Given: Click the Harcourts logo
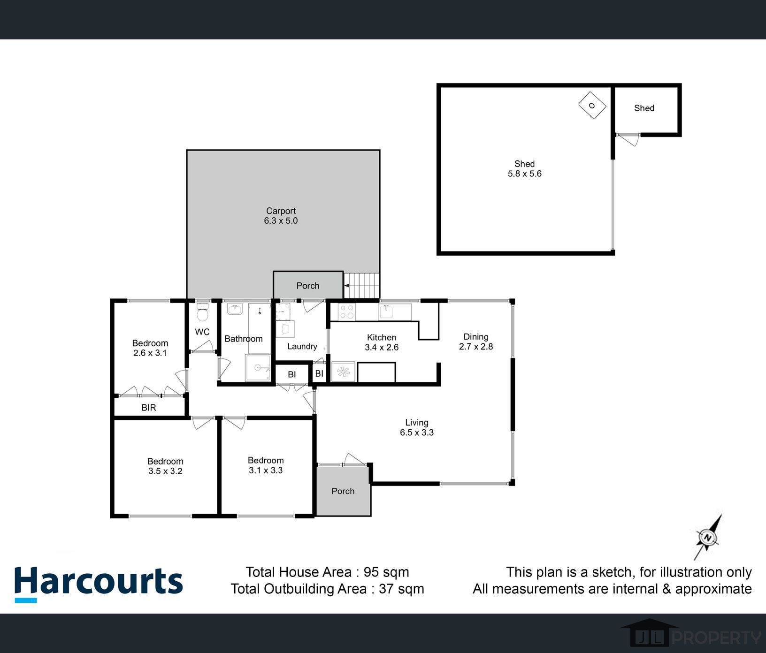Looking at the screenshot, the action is pos(99,584).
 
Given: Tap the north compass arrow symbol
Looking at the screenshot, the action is pos(708,537).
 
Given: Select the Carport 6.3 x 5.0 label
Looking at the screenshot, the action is pos(281,216).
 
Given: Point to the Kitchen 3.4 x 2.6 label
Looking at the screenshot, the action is pos(382,342).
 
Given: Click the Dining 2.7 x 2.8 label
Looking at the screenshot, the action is pos(476,342).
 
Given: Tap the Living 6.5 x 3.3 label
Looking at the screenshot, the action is pos(417,427).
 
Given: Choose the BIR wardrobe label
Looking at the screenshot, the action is pos(149,408).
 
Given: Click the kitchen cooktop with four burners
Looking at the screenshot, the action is pos(346,312).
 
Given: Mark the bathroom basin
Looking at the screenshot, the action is pos(235,309).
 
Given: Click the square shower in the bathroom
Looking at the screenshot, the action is pos(258,368).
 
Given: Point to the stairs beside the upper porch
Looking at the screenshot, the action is pos(362,285).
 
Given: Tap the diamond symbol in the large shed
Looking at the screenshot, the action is pos(592,106).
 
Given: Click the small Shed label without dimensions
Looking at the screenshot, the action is pos(644,108).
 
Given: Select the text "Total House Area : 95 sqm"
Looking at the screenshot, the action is pos(327,572).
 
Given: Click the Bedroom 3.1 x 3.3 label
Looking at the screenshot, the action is pos(266,465).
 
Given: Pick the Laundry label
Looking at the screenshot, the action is pos(302,346).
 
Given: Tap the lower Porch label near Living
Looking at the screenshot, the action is pos(343,491).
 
